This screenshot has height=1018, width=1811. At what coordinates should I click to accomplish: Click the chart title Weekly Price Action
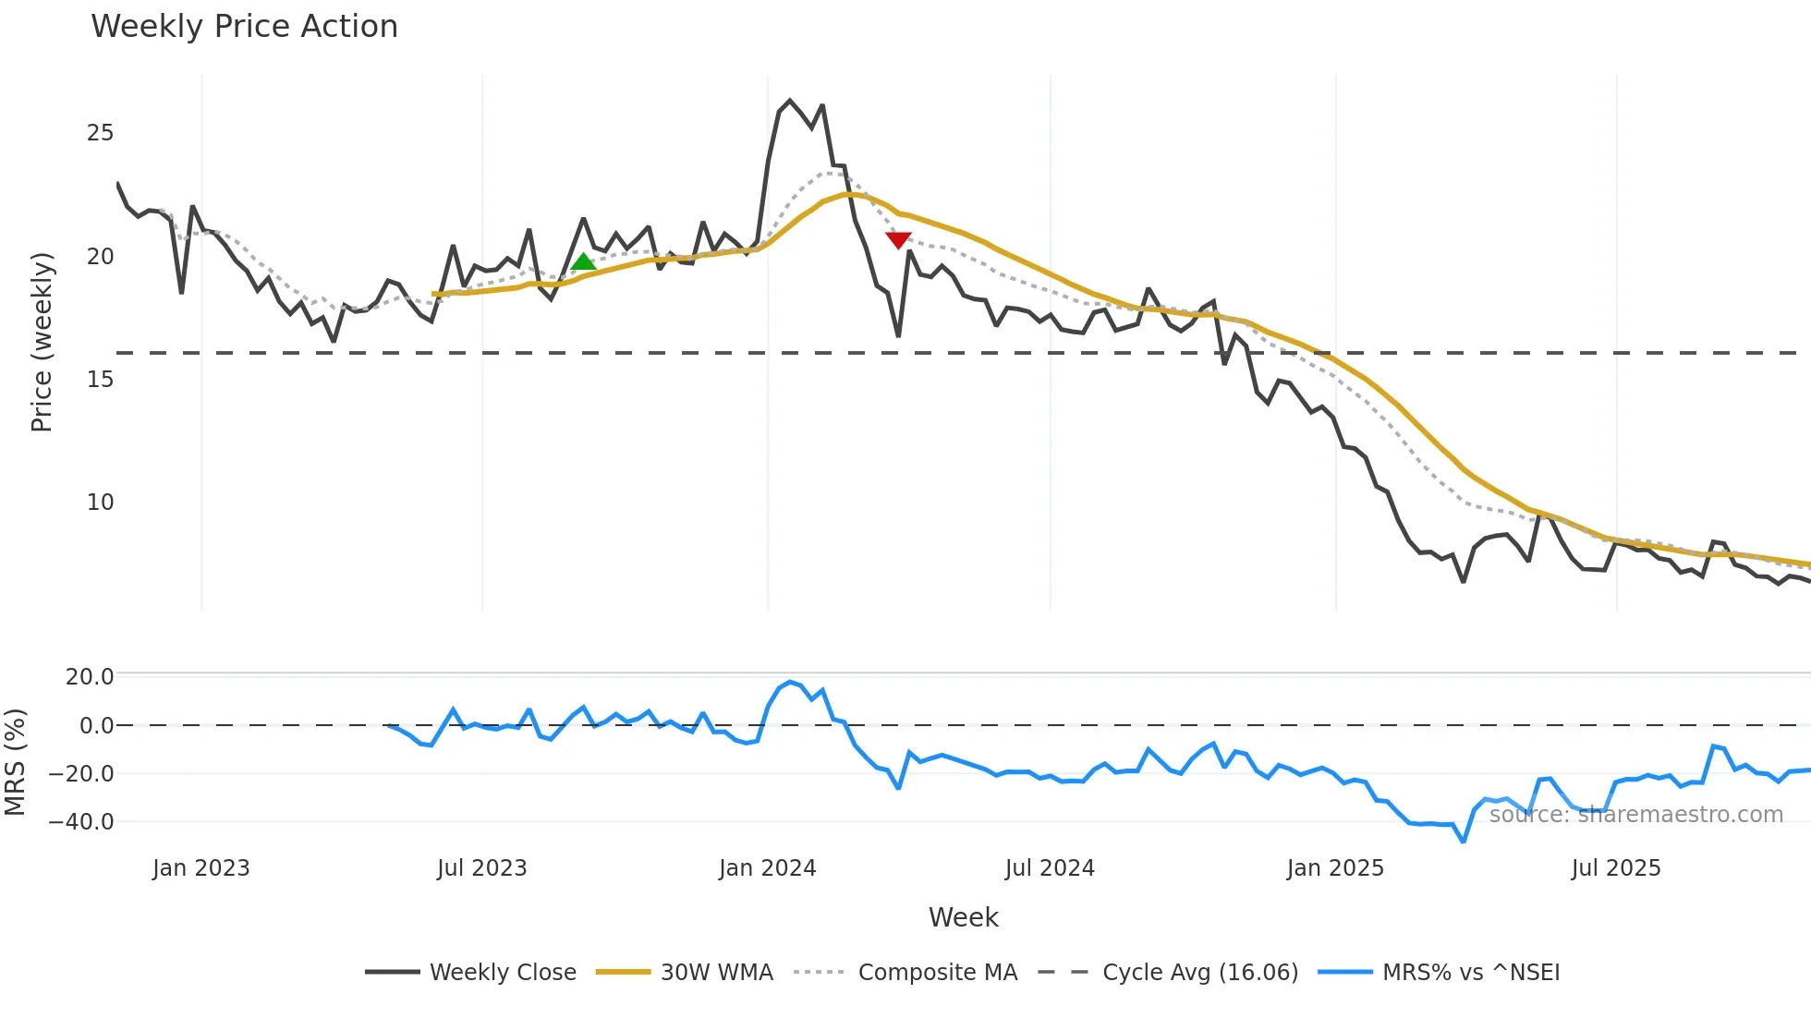tap(244, 27)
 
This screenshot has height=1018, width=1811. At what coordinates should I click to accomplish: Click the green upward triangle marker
tap(583, 262)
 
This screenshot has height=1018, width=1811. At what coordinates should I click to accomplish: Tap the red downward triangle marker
tap(898, 239)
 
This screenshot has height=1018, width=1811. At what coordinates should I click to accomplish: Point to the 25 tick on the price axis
tap(100, 133)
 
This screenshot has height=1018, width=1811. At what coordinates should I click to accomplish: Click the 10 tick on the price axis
tap(100, 503)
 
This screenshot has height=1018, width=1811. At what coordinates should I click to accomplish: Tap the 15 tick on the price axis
tap(100, 380)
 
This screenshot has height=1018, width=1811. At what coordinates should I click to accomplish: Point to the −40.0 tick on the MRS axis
tap(81, 821)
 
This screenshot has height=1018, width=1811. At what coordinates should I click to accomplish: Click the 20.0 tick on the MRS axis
tap(90, 677)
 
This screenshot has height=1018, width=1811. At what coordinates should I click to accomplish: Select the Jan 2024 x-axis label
tap(767, 868)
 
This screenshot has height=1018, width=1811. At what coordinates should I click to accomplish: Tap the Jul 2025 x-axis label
tap(1615, 868)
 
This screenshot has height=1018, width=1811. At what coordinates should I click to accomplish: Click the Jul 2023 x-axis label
tap(481, 868)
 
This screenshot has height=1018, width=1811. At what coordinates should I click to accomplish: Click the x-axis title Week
tap(963, 917)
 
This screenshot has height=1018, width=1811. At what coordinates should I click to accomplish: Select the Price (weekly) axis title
tap(42, 342)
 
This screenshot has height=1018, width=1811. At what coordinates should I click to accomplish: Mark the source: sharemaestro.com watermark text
tap(1635, 815)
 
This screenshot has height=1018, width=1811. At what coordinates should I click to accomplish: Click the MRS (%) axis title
tap(15, 762)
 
